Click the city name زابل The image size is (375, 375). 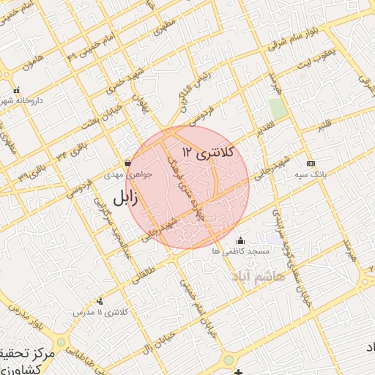(129, 198)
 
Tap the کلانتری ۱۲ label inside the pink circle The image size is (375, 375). (209, 152)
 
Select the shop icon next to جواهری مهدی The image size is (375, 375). (128, 163)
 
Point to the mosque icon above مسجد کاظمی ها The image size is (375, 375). (241, 241)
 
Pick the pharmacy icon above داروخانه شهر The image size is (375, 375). (17, 90)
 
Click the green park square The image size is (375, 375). (278, 108)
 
